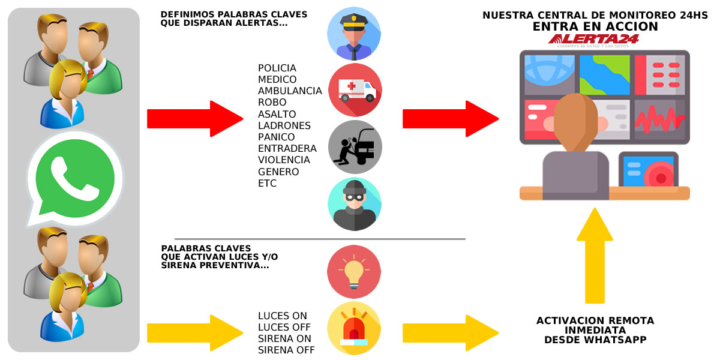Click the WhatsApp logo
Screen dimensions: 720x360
tap(74, 179)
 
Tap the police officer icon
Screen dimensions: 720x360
tap(354, 34)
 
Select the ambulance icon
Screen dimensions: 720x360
tap(355, 90)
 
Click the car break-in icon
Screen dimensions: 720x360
tap(355, 147)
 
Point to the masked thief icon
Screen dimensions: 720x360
tap(355, 204)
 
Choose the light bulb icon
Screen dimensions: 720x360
tap(354, 272)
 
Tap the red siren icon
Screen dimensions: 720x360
tap(354, 328)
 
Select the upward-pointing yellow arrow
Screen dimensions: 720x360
tap(595, 256)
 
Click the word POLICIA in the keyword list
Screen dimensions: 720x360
tap(277, 68)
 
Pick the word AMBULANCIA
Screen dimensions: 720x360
tap(290, 91)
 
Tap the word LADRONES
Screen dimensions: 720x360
tap(284, 125)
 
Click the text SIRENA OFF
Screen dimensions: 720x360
tap(286, 350)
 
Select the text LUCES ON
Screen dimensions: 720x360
tap(282, 316)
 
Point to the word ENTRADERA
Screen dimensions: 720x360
tap(287, 149)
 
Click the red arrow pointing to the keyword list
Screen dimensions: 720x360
tap(195, 119)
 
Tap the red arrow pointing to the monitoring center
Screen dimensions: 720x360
tap(451, 119)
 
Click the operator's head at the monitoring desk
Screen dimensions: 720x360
tap(575, 121)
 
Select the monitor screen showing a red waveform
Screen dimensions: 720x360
tap(659, 119)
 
